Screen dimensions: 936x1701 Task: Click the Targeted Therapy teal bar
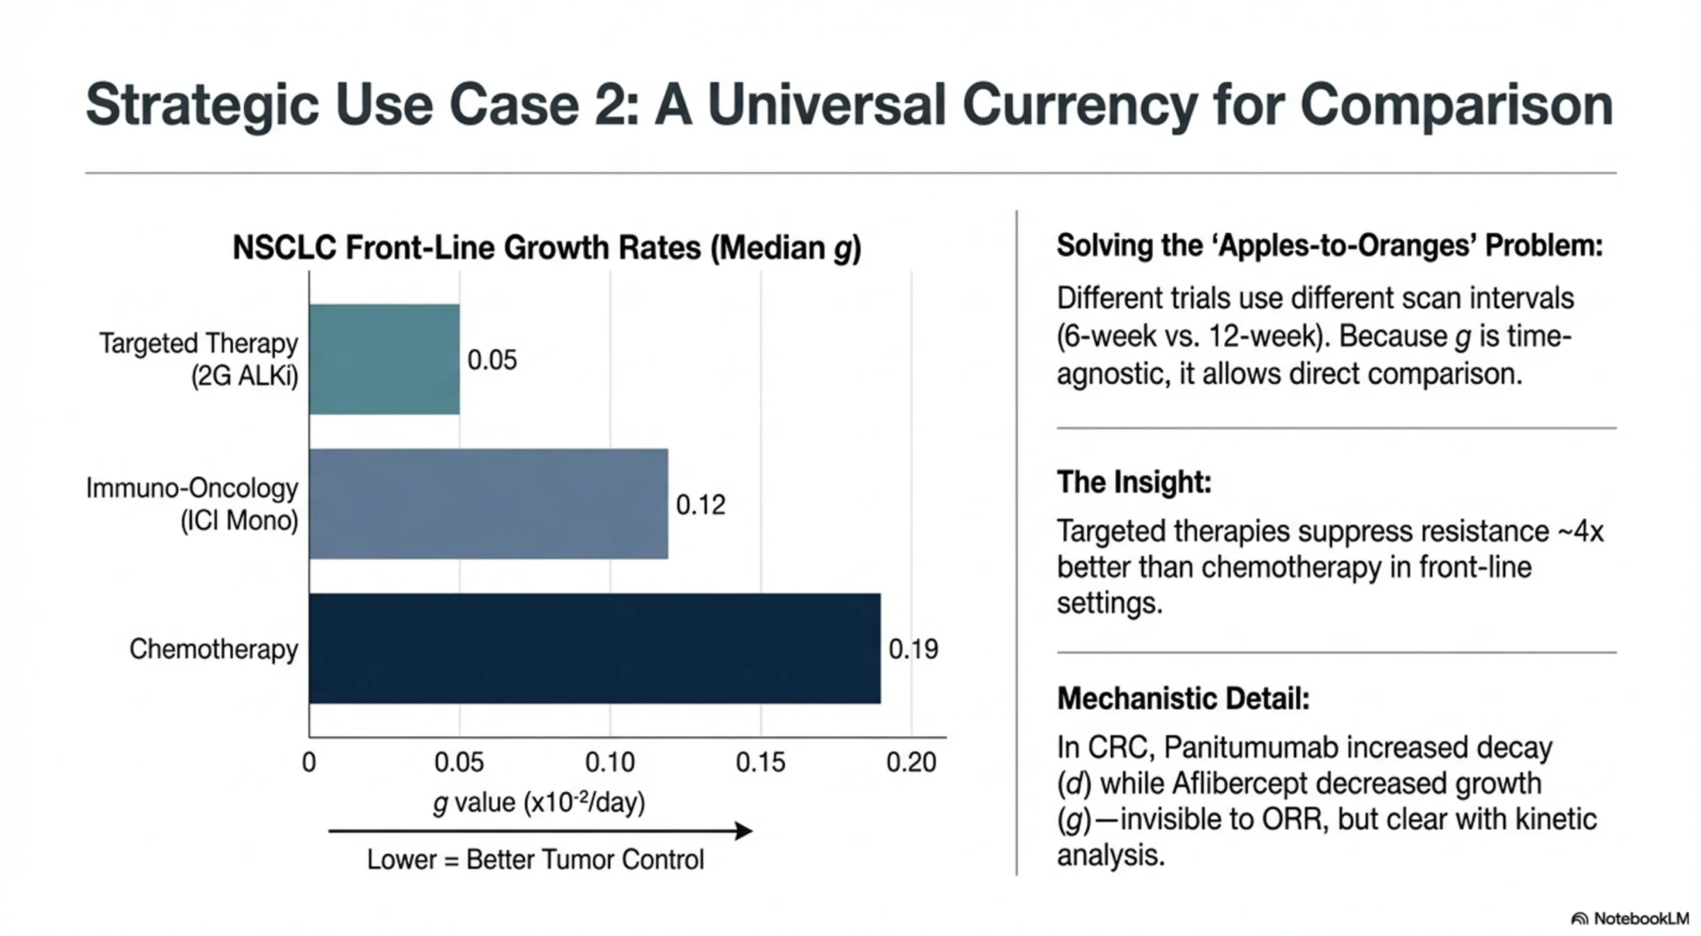click(x=384, y=359)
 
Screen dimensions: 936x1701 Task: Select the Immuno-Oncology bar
click(x=488, y=503)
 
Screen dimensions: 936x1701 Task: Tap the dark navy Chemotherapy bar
click(x=594, y=648)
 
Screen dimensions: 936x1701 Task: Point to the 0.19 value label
click(x=913, y=650)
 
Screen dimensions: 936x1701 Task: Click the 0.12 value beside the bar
click(x=700, y=505)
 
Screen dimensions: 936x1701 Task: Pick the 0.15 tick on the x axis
click(x=760, y=762)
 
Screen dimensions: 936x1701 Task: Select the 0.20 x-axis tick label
click(x=910, y=762)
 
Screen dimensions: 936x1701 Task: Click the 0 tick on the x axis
click(x=309, y=762)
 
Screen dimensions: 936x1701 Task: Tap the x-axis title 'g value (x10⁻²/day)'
click(x=538, y=803)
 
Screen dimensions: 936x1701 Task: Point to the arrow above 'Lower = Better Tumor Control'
click(x=540, y=831)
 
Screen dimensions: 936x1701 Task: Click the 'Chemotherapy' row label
click(x=213, y=650)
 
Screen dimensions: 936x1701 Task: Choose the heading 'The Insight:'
click(x=1134, y=482)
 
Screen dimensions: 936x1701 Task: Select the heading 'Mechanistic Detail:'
click(x=1183, y=698)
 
